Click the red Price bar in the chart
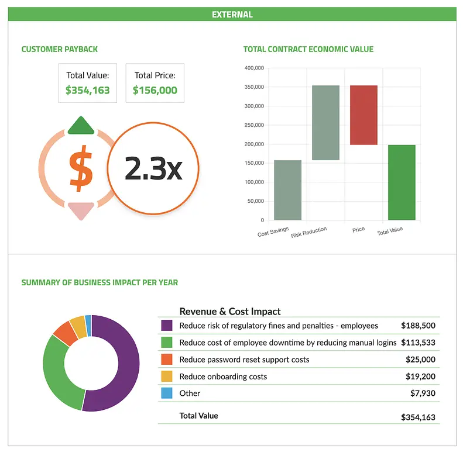point(363,115)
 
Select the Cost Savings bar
point(287,190)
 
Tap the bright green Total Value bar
point(402,182)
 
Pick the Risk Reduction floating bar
point(325,123)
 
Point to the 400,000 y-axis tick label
point(254,68)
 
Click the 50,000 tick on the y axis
point(256,201)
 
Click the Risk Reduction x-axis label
point(309,232)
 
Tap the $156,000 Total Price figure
point(155,91)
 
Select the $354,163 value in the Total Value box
point(88,91)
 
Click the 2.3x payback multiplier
point(153,168)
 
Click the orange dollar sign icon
point(81,169)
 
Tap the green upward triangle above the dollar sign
point(81,126)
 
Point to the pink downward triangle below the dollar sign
point(81,210)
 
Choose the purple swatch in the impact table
point(166,326)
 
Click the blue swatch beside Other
point(166,393)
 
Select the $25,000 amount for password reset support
point(420,360)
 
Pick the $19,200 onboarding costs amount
point(420,377)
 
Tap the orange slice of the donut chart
point(66,332)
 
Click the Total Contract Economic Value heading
point(308,49)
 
